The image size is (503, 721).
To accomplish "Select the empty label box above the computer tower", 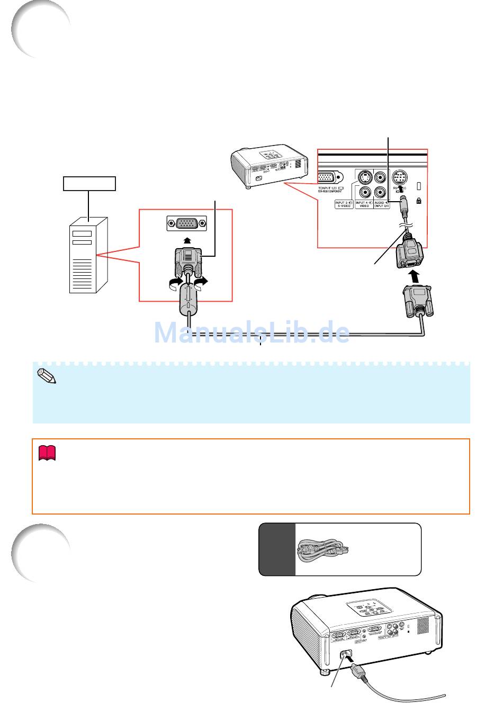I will (x=89, y=183).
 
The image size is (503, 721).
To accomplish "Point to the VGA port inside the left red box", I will (x=186, y=224).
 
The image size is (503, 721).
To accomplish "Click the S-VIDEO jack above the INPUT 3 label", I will (x=364, y=177).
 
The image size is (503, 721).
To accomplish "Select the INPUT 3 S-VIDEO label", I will (x=343, y=204).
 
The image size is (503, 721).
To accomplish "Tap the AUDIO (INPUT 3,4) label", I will (x=382, y=204).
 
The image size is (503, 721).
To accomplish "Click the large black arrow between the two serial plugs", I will (x=414, y=276).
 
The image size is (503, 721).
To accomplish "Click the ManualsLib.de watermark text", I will (x=252, y=332).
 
